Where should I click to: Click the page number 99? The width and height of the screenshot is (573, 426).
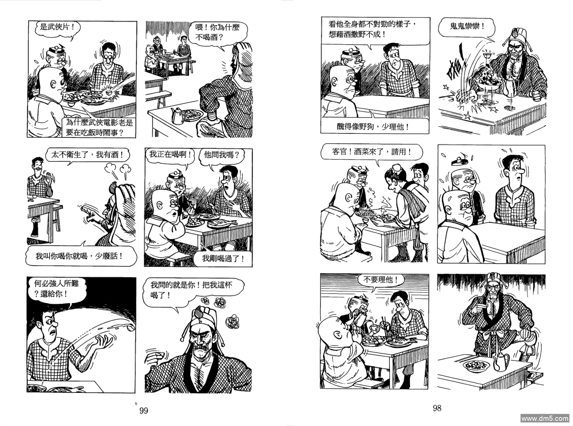click(144, 410)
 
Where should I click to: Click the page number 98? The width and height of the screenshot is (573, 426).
click(437, 408)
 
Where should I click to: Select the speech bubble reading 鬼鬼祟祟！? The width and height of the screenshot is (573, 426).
click(467, 27)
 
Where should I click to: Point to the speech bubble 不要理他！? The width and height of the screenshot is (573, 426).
click(380, 280)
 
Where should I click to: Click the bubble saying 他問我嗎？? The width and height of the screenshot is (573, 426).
click(222, 155)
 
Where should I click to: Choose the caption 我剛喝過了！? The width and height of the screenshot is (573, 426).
click(223, 258)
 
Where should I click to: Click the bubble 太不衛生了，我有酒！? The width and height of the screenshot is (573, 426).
click(87, 155)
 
